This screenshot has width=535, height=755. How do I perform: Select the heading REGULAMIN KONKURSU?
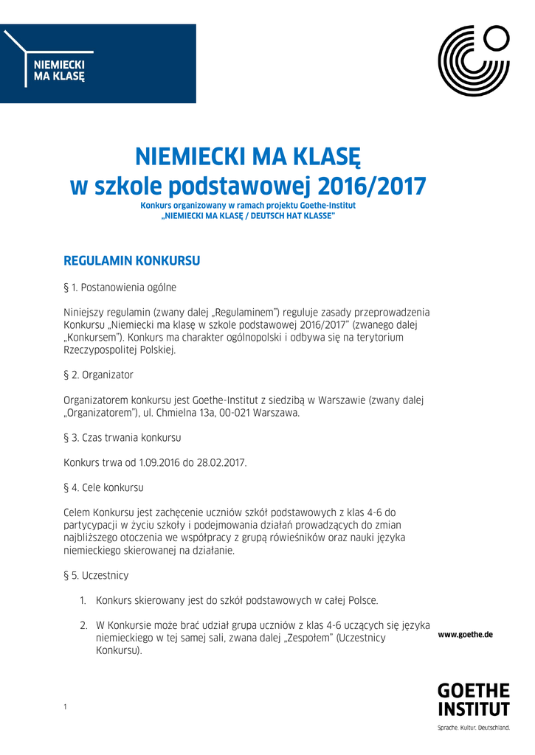(x=132, y=261)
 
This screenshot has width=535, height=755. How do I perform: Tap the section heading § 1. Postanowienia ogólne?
(x=120, y=287)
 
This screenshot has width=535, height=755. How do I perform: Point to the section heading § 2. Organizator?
(x=99, y=375)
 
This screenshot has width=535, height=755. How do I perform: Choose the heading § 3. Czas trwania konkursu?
(x=122, y=437)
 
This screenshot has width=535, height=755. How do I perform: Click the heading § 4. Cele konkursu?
(x=104, y=487)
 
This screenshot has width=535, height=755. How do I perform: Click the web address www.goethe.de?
(x=465, y=634)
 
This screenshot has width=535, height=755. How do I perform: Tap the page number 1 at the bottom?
(x=65, y=707)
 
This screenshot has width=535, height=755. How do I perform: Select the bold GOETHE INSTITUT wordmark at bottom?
(x=473, y=700)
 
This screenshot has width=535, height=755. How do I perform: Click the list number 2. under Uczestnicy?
(x=84, y=625)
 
